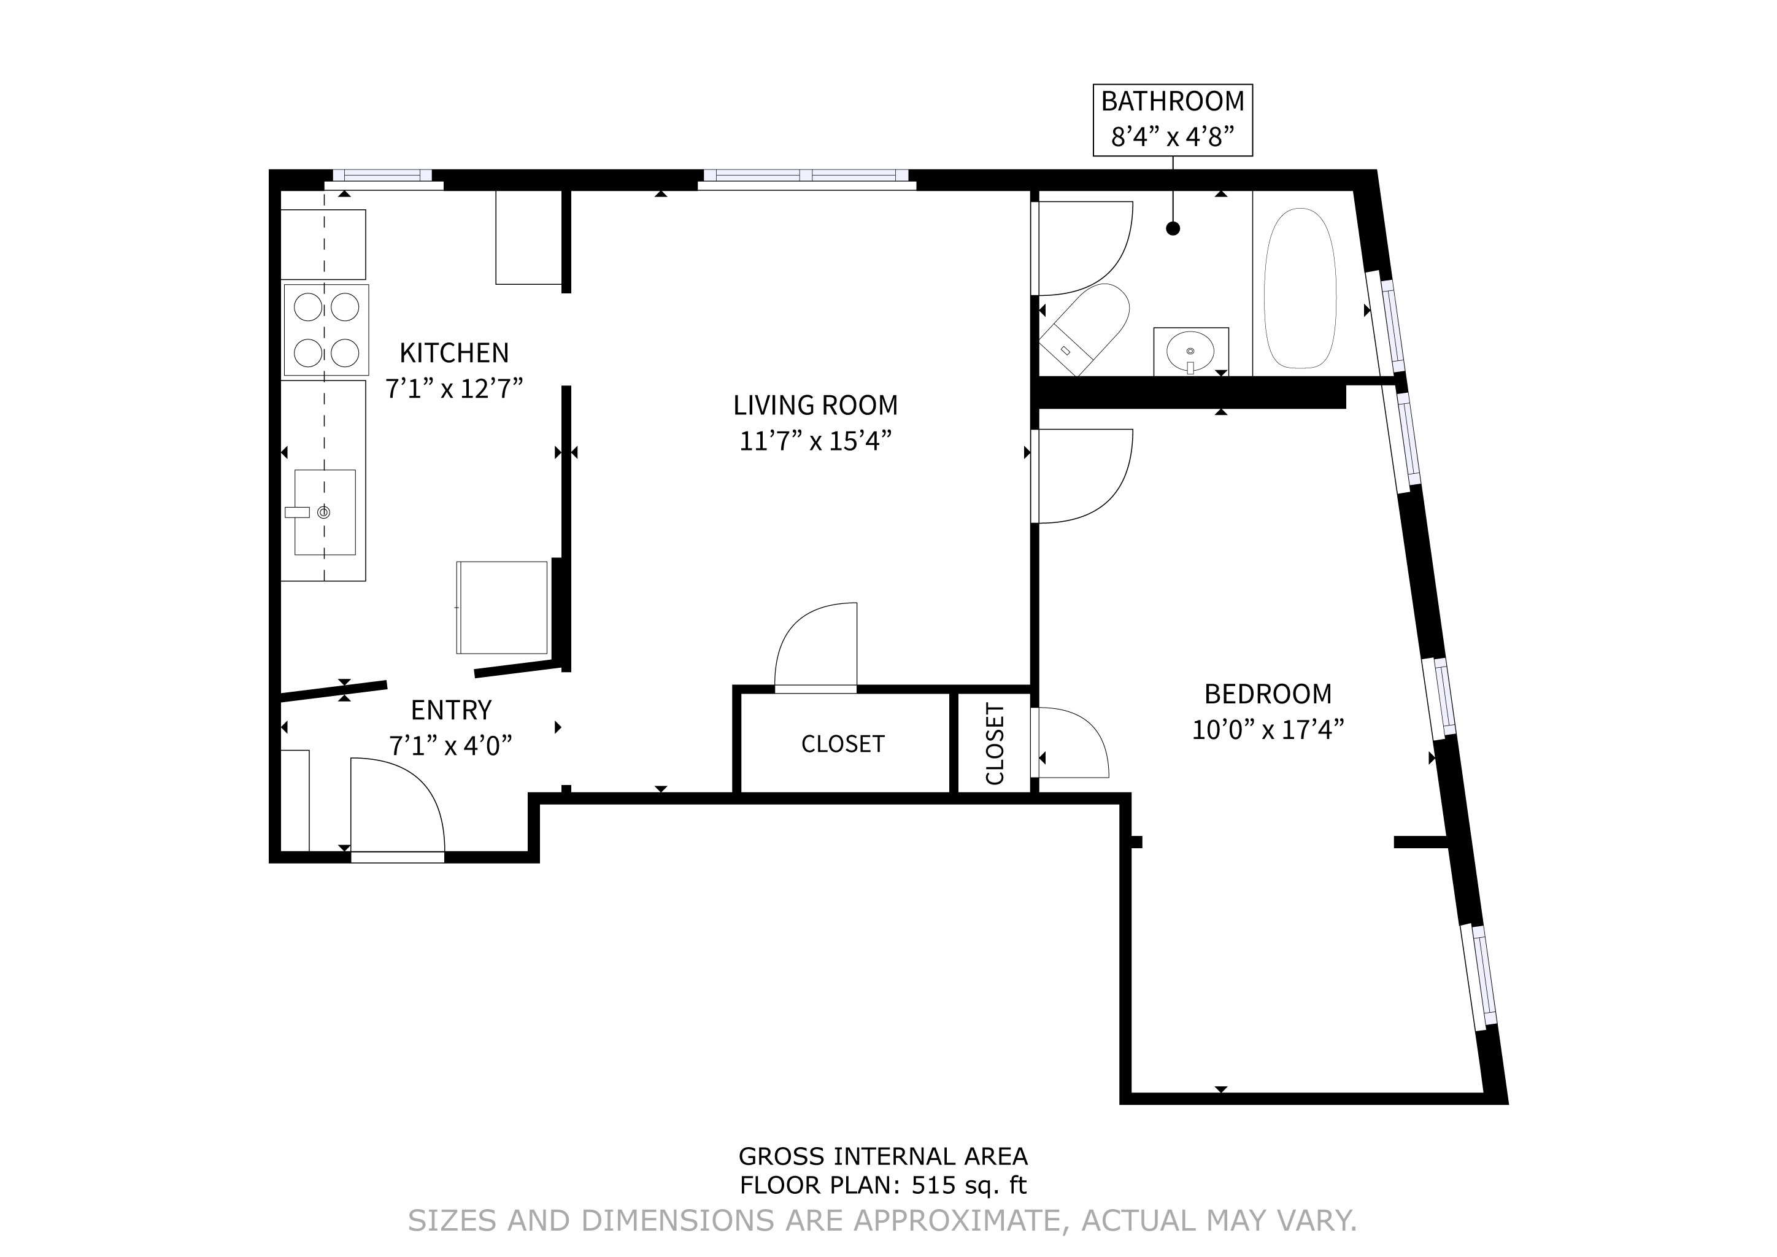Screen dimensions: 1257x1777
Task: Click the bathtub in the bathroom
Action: [x=1300, y=288]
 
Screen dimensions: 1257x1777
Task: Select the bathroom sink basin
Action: [x=1190, y=353]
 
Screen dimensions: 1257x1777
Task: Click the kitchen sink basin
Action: [x=324, y=512]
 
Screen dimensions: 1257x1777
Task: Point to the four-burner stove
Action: [x=326, y=330]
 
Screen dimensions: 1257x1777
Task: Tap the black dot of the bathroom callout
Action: [x=1173, y=228]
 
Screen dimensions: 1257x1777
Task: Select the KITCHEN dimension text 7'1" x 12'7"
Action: [x=454, y=389]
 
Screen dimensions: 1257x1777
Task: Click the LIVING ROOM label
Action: [x=815, y=406]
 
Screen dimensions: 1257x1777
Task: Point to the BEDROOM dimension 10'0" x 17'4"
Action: [x=1267, y=730]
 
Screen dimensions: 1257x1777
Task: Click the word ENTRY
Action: [x=450, y=710]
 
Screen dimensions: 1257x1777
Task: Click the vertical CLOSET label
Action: [x=995, y=743]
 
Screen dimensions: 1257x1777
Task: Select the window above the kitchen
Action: [x=382, y=177]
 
